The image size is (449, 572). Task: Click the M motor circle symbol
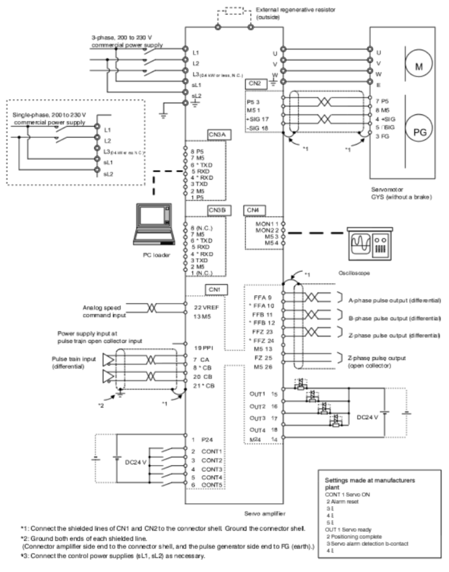click(419, 66)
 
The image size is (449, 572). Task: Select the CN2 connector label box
click(254, 84)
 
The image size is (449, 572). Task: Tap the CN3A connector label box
click(216, 134)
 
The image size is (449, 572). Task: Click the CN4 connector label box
click(253, 209)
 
